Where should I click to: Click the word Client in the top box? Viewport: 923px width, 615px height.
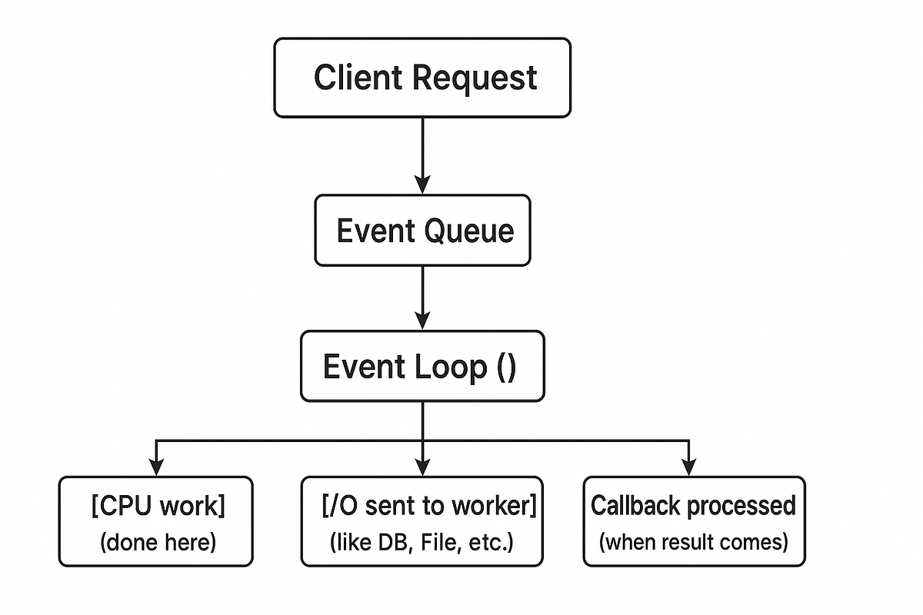[358, 78]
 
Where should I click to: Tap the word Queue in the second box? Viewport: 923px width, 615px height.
[470, 231]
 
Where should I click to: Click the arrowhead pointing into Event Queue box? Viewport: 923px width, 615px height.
[422, 184]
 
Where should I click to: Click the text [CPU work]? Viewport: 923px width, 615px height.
[158, 507]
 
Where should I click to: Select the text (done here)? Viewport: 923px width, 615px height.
[158, 543]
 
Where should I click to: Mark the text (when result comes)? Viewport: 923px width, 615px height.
[694, 542]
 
